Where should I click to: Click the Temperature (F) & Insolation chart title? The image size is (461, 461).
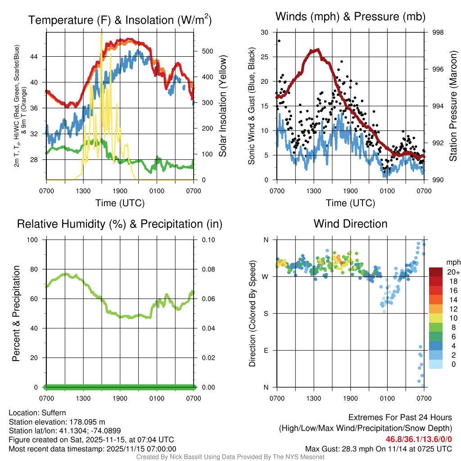coord(120,20)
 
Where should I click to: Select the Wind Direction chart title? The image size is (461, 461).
coord(350,224)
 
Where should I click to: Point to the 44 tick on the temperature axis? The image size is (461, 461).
coord(39,56)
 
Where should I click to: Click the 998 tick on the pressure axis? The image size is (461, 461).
coord(438,32)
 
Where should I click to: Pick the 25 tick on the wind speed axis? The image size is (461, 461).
coord(265,57)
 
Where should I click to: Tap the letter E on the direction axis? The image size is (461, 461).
coord(266,350)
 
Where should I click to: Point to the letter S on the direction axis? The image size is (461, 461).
coord(266,313)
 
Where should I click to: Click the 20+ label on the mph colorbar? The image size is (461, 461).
coord(452,272)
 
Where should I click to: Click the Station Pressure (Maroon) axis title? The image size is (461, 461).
coord(453,106)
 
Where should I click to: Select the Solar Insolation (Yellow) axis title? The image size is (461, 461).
coord(223,106)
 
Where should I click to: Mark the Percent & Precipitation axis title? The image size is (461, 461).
coord(16,313)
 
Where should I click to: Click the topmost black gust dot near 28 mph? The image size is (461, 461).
coord(279,41)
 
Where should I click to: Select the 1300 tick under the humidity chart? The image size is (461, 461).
coord(83,398)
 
